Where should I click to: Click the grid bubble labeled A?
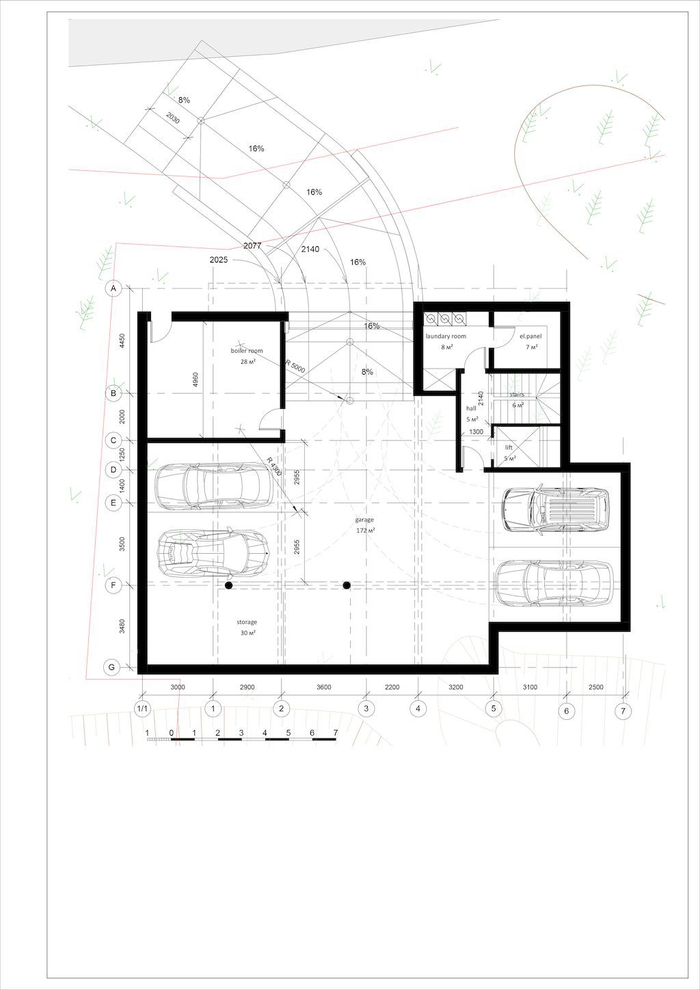(113, 289)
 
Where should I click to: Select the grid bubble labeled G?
(112, 667)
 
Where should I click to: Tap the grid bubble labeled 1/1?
(143, 709)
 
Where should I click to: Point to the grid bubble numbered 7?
(623, 711)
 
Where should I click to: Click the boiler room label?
(247, 351)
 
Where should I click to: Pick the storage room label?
(247, 622)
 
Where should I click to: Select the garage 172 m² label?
(364, 525)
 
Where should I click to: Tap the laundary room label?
(446, 336)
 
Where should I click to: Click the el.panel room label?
(530, 336)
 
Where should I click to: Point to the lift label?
(509, 448)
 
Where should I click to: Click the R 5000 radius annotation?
(295, 366)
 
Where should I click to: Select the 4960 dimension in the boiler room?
(196, 379)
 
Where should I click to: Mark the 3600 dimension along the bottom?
(324, 687)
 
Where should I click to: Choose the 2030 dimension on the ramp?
(173, 118)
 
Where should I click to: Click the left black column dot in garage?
(228, 585)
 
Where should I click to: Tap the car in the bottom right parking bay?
(554, 583)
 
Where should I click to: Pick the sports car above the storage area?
(214, 552)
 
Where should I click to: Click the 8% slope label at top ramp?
(184, 100)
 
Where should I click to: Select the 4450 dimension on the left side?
(122, 340)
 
